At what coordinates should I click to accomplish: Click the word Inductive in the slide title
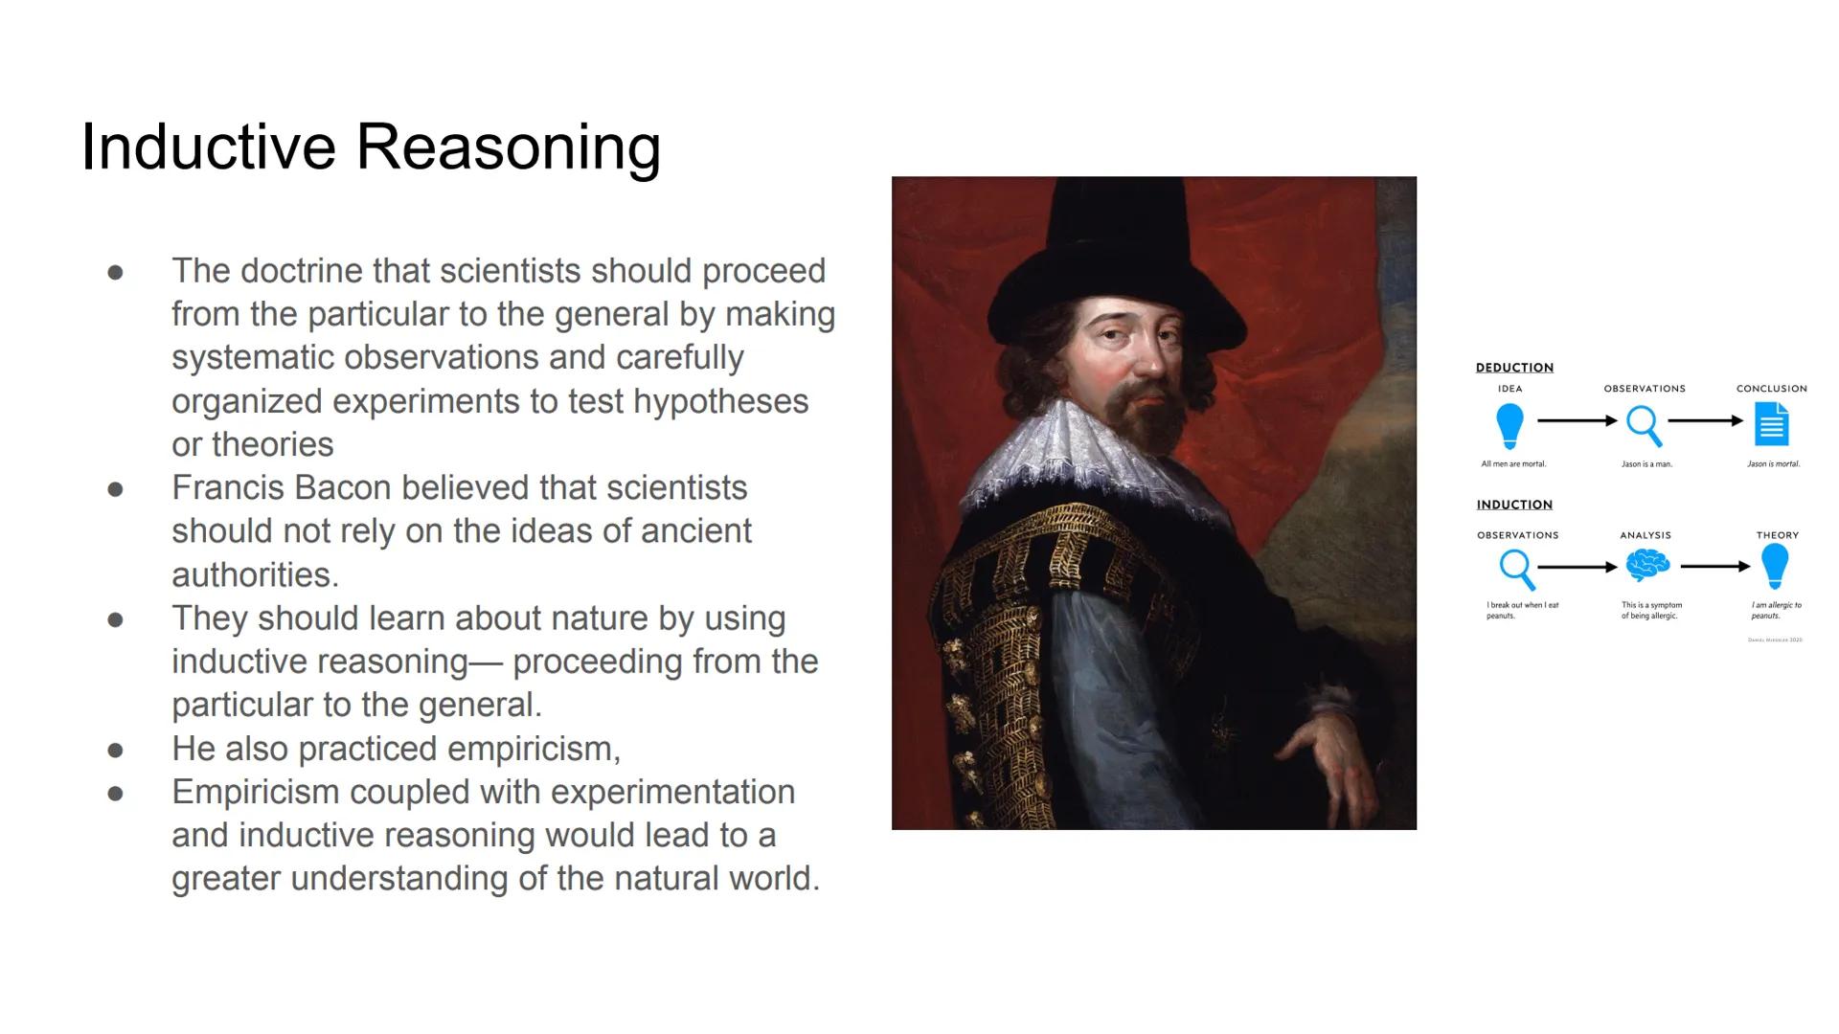point(209,147)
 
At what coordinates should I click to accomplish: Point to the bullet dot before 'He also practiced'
point(116,750)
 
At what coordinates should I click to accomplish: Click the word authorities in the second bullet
point(255,574)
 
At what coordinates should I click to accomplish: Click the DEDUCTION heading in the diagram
point(1514,368)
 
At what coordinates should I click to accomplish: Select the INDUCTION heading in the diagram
point(1514,505)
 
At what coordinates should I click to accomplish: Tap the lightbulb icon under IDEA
point(1510,424)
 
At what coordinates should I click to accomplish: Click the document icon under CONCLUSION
point(1771,423)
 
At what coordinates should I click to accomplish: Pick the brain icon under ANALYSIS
point(1646,565)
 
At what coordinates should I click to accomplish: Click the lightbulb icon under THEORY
point(1774,565)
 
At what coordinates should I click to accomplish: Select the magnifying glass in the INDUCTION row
point(1517,569)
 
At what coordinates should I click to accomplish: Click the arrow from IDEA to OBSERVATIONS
point(1577,420)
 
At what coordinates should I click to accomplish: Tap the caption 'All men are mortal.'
point(1513,464)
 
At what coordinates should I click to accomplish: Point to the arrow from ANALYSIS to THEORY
point(1714,567)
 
